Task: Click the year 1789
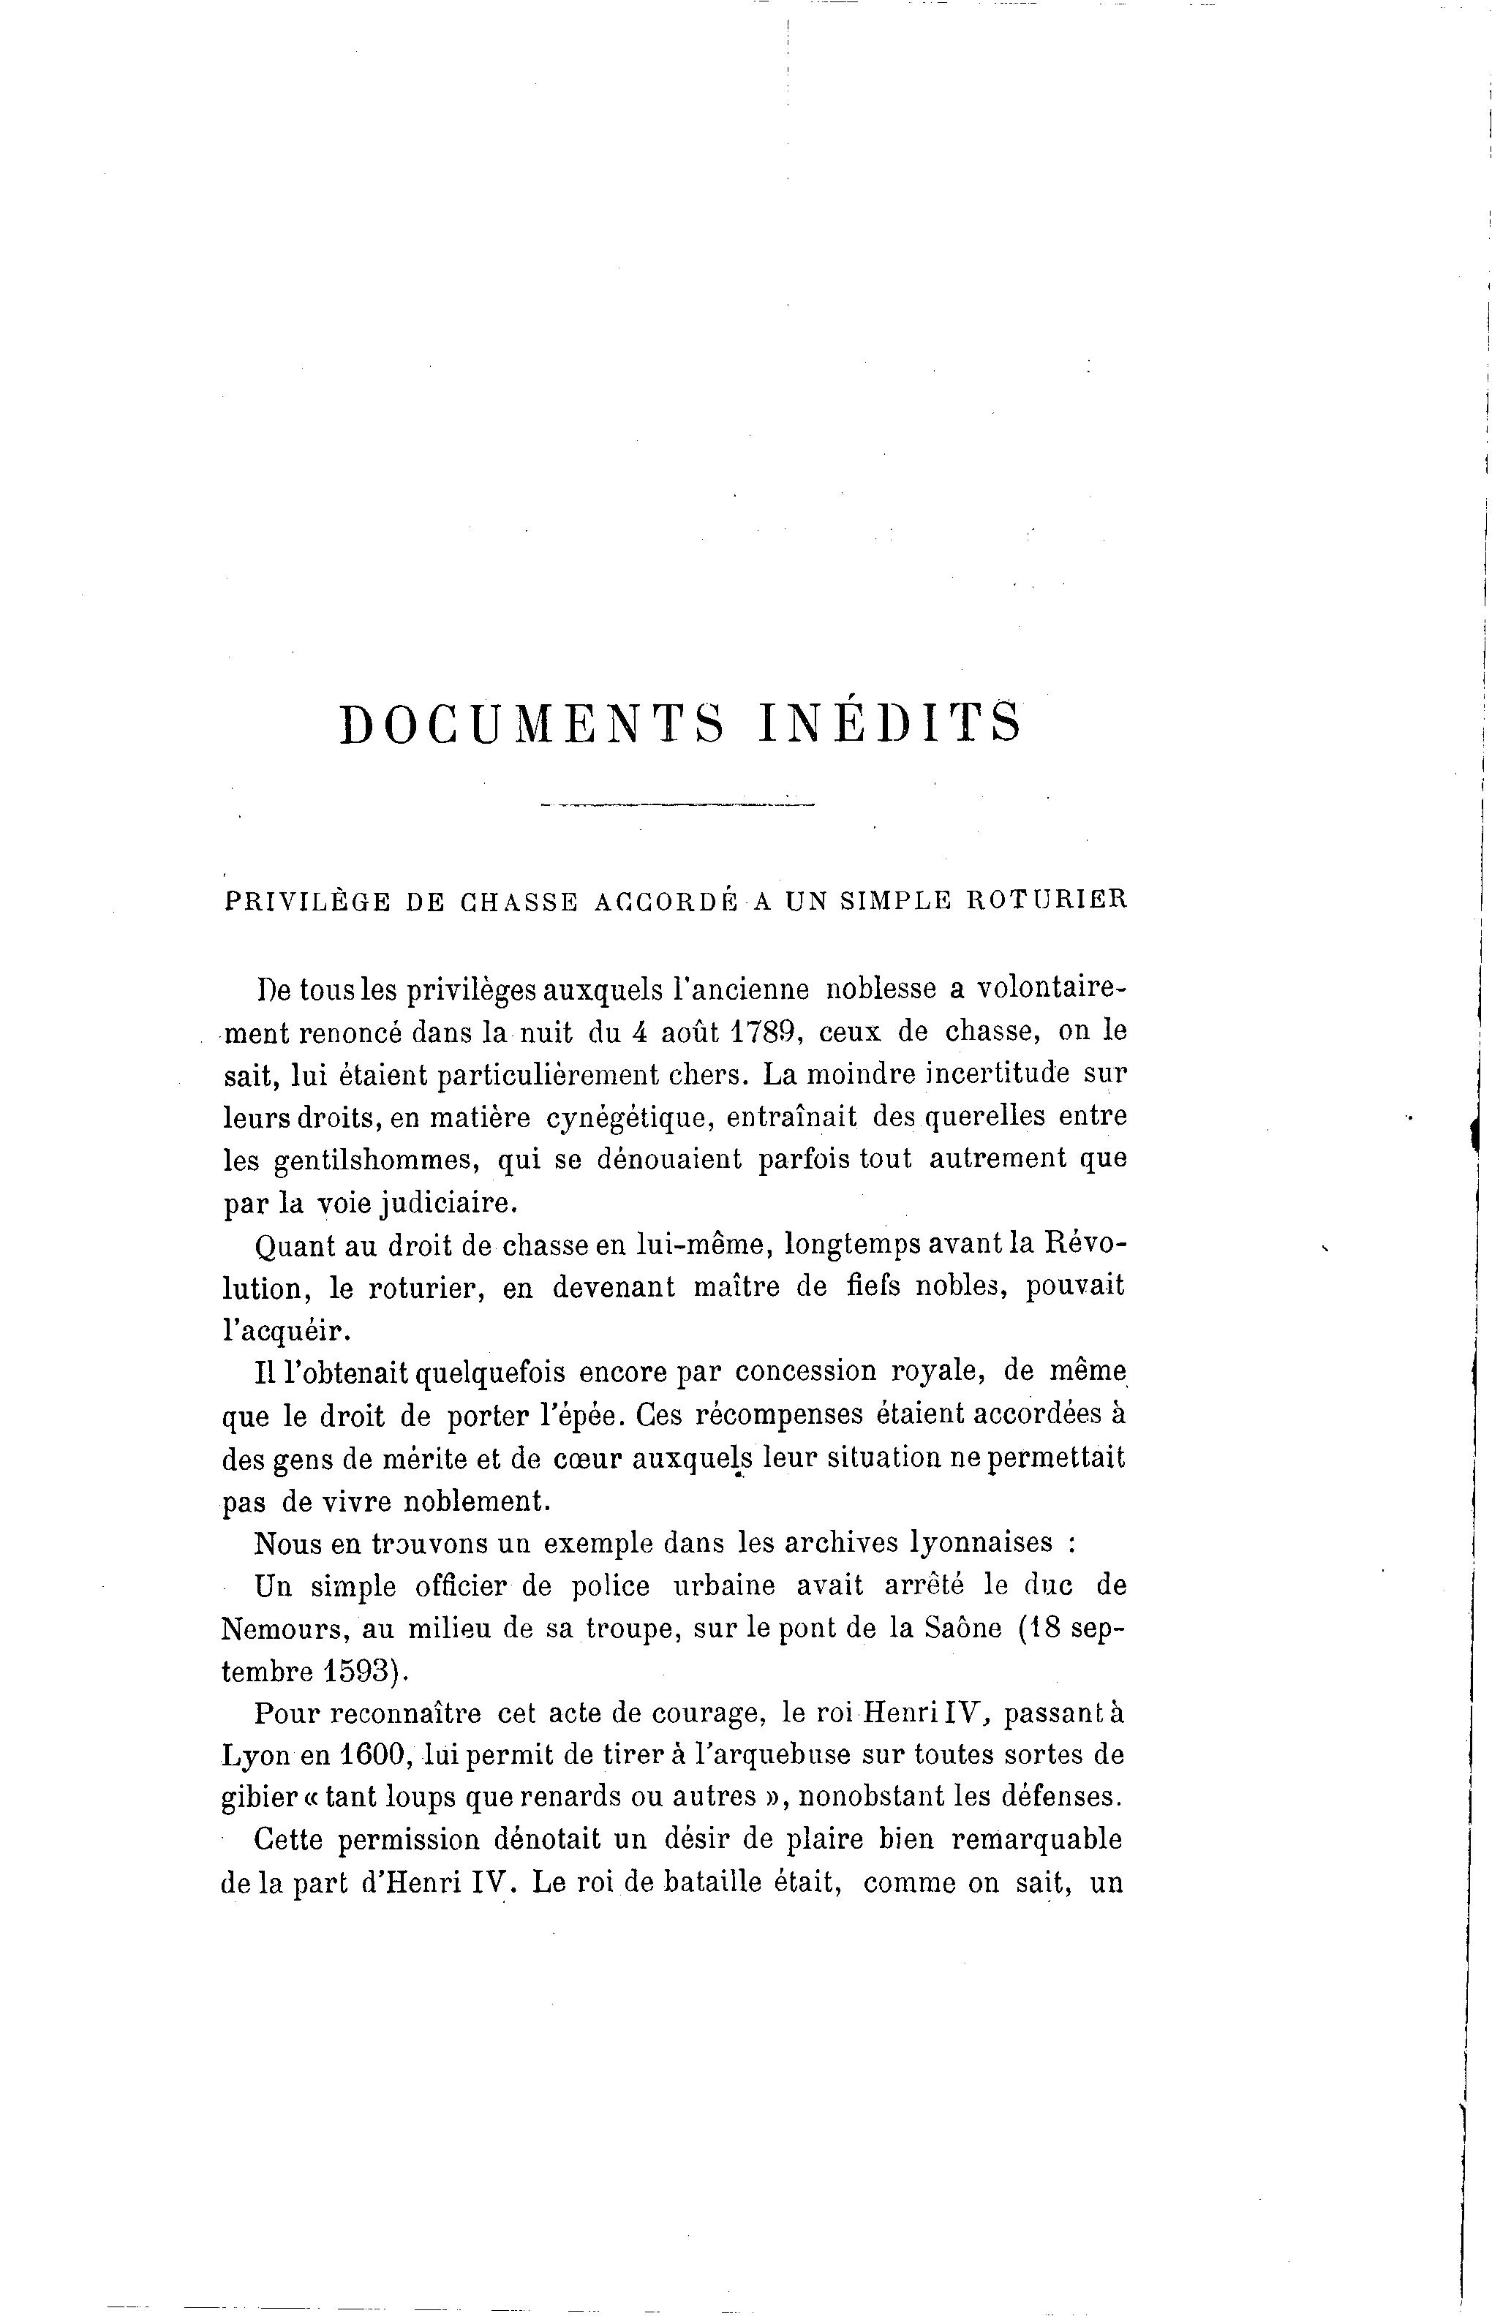coord(763,1032)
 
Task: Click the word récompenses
coord(735,1415)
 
